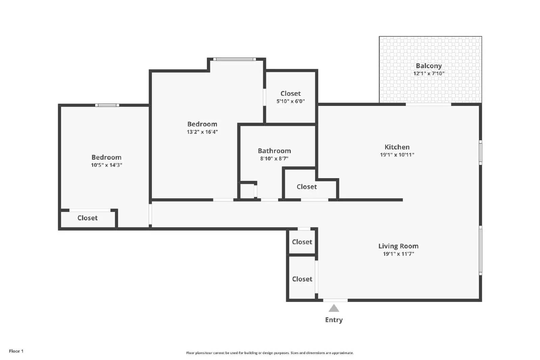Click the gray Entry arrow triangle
point(334,308)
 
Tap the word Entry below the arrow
point(334,320)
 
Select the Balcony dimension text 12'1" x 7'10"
point(429,74)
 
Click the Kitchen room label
point(397,147)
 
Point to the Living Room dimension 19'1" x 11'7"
point(398,254)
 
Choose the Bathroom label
point(274,151)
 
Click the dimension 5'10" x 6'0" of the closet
point(291,101)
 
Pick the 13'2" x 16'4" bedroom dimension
point(202,132)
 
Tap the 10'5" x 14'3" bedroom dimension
point(106,165)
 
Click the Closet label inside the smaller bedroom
point(87,218)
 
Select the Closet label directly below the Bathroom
point(306,187)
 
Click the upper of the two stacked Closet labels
point(302,242)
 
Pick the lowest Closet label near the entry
point(302,279)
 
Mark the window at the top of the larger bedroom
point(235,59)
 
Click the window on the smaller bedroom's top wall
point(107,105)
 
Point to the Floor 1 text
point(16,351)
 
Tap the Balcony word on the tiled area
point(429,66)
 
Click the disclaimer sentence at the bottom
point(270,353)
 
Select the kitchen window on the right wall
point(480,153)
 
